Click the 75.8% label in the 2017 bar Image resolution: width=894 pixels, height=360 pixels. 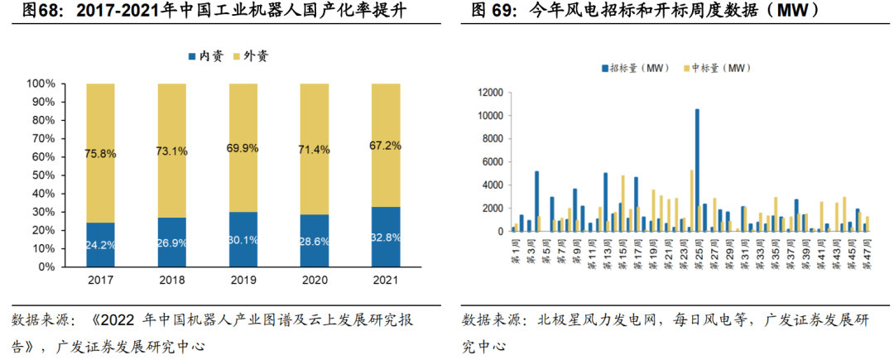click(100, 152)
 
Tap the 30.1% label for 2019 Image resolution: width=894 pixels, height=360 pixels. click(243, 242)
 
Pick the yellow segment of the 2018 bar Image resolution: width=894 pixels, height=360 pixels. click(172, 151)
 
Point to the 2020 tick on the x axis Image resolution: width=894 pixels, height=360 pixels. click(315, 281)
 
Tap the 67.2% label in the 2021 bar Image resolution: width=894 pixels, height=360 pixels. click(386, 146)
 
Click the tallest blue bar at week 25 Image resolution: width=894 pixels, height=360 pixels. click(697, 170)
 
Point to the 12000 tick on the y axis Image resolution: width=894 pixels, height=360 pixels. click(491, 92)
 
